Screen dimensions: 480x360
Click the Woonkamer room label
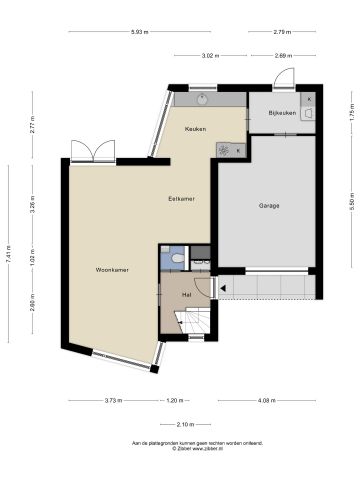(110, 270)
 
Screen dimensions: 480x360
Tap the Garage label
(268, 206)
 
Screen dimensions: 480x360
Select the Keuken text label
(194, 130)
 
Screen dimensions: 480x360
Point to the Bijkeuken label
(283, 113)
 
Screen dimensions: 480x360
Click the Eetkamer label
(181, 199)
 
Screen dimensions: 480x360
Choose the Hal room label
(187, 295)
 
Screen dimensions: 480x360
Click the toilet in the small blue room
(177, 258)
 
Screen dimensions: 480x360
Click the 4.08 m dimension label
(266, 401)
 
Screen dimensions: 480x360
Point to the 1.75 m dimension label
(351, 114)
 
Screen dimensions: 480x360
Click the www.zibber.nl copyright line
(180, 449)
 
